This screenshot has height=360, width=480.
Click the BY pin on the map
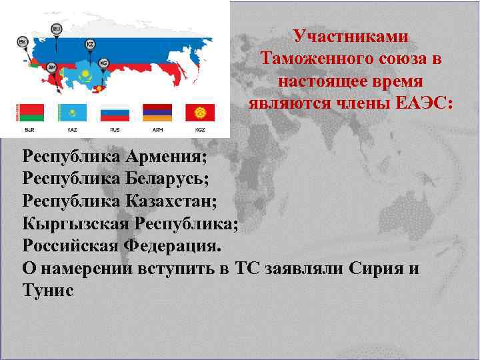[x=21, y=42]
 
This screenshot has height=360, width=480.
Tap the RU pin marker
[x=57, y=29]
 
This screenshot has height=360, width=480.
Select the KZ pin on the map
[x=90, y=44]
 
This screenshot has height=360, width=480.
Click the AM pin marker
[x=51, y=67]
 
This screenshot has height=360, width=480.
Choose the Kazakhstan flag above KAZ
[x=73, y=111]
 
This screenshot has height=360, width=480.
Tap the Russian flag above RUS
[x=115, y=111]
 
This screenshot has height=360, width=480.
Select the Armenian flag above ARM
[x=157, y=111]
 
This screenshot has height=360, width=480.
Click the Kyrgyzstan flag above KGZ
[x=199, y=111]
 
